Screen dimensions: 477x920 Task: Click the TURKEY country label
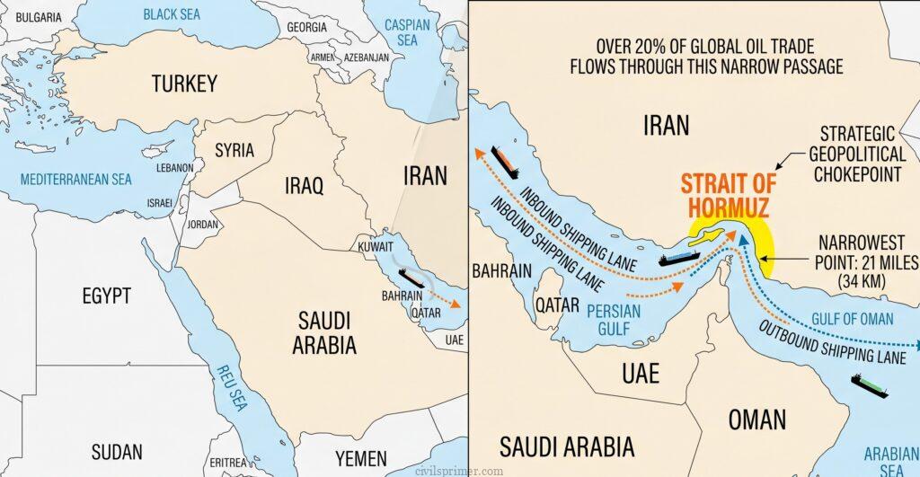[183, 84]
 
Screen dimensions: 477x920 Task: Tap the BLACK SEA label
[172, 14]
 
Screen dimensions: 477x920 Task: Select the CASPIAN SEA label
[407, 33]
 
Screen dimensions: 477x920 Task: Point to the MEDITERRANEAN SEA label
[76, 179]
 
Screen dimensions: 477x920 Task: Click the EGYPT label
[106, 296]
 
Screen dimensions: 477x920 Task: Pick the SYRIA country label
[234, 150]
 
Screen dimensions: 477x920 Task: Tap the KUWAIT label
[376, 245]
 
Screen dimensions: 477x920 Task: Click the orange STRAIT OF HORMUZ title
[729, 195]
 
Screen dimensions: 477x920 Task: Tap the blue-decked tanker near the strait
[678, 259]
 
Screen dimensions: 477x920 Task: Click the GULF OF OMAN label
[852, 319]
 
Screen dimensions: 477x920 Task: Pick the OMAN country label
[757, 419]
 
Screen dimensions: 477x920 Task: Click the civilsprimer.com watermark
[459, 469]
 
